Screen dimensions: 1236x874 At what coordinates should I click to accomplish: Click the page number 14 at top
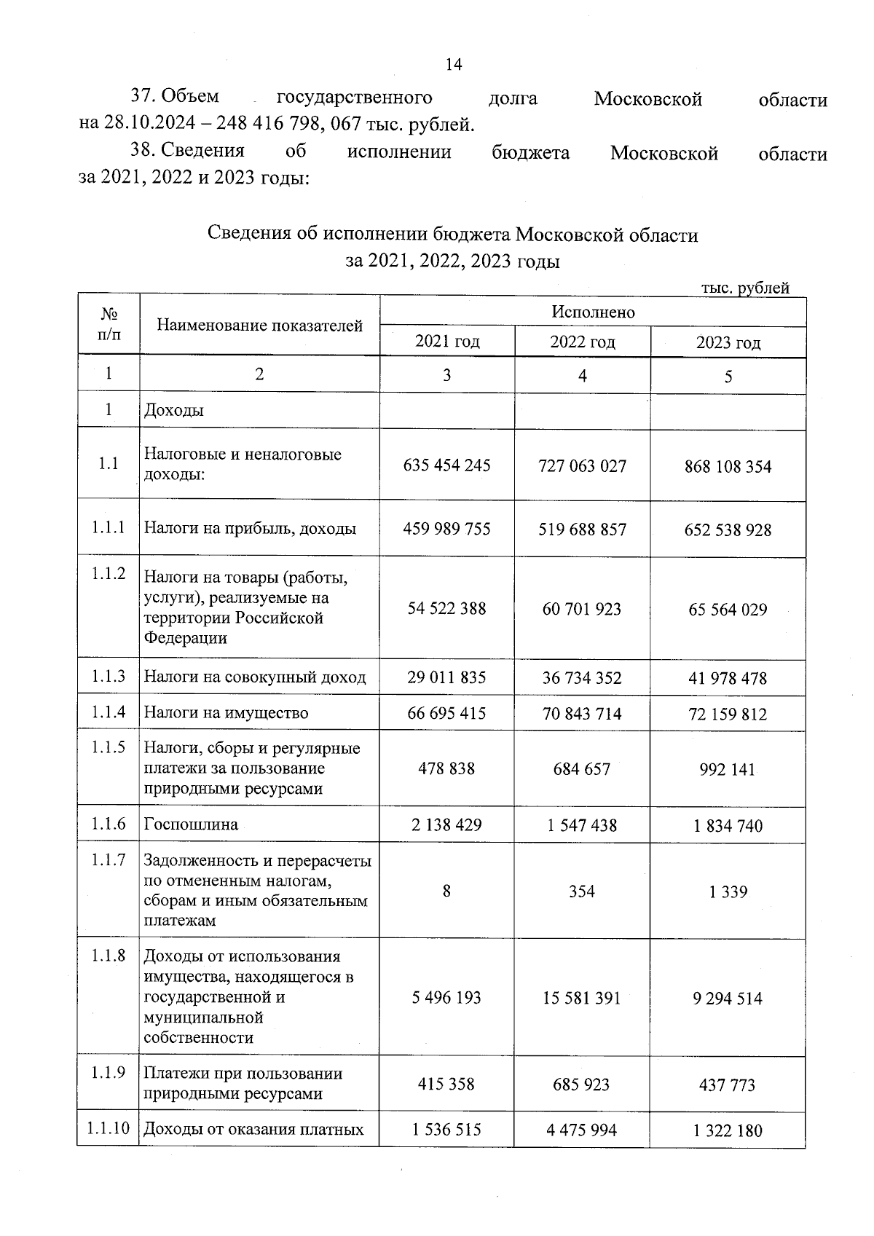[x=453, y=64]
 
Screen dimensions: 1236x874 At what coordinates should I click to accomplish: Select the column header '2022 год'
[x=582, y=342]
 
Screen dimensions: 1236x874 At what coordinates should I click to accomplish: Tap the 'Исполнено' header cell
[x=592, y=312]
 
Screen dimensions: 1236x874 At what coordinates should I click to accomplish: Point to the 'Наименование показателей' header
[x=259, y=326]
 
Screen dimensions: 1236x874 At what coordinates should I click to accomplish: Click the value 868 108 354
[x=728, y=466]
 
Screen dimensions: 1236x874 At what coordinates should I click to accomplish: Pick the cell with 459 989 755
[x=446, y=529]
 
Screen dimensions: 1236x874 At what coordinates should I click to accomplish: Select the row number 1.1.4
[x=109, y=712]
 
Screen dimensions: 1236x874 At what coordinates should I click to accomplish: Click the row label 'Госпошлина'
[x=191, y=824]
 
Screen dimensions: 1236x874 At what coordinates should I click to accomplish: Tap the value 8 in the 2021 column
[x=446, y=891]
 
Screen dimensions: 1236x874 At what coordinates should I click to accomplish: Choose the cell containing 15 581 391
[x=581, y=998]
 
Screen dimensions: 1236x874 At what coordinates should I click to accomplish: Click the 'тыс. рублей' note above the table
[x=744, y=288]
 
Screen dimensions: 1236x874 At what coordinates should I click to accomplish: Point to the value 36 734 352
[x=581, y=678]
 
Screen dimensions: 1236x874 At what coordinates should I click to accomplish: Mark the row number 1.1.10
[x=109, y=1129]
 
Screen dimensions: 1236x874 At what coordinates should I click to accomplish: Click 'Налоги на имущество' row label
[x=226, y=713]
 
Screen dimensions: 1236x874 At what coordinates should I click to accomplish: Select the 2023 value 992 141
[x=728, y=770]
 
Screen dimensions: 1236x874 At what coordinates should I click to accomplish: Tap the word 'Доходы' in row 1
[x=174, y=410]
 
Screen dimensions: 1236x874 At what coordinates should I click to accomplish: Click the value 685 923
[x=581, y=1085]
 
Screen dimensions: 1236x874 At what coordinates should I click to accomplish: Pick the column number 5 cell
[x=728, y=377]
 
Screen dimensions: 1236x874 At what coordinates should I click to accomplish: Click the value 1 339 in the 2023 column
[x=728, y=891]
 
